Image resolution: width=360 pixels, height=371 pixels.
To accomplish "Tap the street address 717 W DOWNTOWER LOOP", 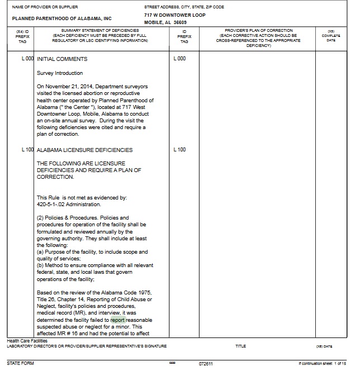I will (174, 15).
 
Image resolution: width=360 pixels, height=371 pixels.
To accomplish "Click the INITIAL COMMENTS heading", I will (62, 59).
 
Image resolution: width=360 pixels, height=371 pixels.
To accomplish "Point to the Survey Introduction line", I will (60, 73).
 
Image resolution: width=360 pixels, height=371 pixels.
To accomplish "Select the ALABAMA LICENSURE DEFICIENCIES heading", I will (85, 150).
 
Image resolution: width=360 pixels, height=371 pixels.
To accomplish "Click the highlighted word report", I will (118, 320).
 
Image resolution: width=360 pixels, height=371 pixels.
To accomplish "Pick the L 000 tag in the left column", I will (27, 59).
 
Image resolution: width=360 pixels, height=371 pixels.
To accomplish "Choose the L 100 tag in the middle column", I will (179, 150).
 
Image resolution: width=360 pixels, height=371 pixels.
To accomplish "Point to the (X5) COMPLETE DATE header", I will (331, 36).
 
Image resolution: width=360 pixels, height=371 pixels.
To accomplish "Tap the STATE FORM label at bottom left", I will (20, 363).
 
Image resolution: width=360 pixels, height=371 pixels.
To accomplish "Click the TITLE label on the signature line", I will (241, 346).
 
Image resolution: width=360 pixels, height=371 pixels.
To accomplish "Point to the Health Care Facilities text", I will (27, 340).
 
